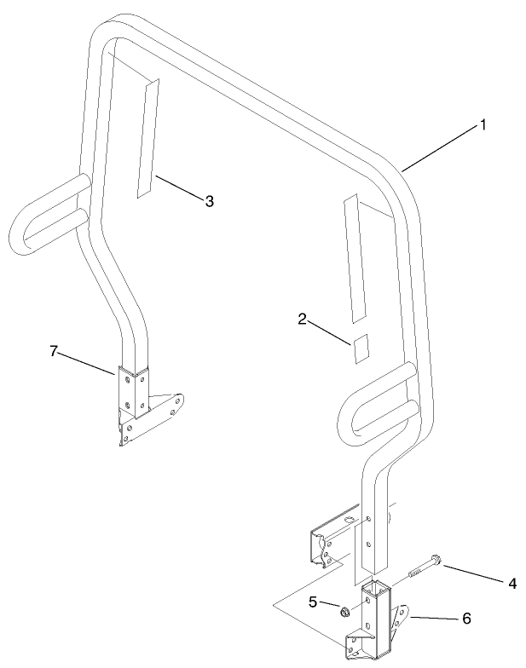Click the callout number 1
pyautogui.click(x=483, y=124)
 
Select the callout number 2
pyautogui.click(x=303, y=320)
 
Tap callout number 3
pyautogui.click(x=209, y=201)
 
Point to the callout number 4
pyautogui.click(x=512, y=584)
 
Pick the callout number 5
pyautogui.click(x=313, y=602)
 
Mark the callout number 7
pyautogui.click(x=54, y=350)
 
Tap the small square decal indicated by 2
pyautogui.click(x=359, y=348)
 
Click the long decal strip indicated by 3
pyautogui.click(x=147, y=141)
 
